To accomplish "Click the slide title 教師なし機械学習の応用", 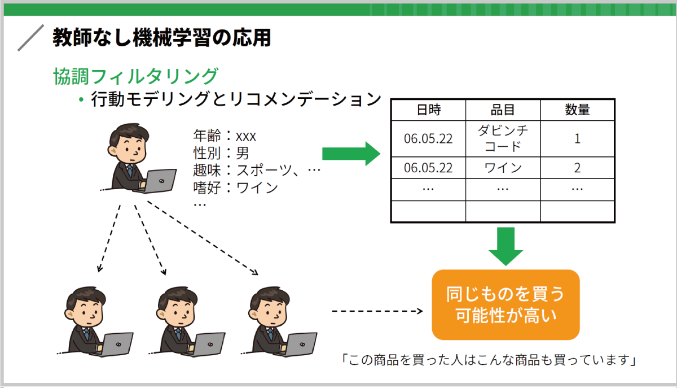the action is click(162, 37).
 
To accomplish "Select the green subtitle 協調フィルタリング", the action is click(136, 76).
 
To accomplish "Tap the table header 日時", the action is click(429, 110).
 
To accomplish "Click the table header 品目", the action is click(503, 110).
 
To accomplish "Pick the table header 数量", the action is click(577, 110).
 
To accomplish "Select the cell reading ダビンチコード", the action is click(503, 138).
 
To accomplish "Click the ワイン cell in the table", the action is click(503, 168).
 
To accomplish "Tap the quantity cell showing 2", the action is click(577, 168).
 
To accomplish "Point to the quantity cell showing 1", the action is click(577, 138).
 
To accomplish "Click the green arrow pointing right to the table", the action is click(351, 154).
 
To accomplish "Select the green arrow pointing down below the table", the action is click(505, 246).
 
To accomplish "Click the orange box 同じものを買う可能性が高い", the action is click(505, 305).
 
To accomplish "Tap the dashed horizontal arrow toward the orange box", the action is click(377, 311).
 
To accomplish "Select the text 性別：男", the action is click(221, 153).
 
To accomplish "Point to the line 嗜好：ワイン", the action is click(235, 188).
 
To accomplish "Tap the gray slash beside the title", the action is click(31, 38).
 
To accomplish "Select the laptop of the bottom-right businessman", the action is click(300, 345).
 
